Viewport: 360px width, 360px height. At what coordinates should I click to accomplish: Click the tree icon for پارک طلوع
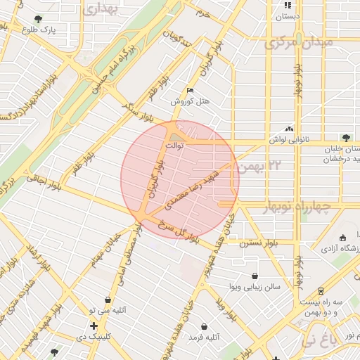tap(38, 19)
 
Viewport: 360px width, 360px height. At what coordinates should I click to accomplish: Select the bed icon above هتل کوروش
tap(190, 91)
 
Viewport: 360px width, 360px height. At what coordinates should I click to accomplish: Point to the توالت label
tap(174, 146)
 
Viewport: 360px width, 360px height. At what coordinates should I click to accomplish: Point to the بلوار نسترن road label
tap(258, 243)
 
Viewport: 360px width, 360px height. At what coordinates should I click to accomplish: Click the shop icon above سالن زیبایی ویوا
tap(254, 276)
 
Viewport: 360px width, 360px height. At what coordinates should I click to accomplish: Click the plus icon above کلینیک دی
tap(94, 326)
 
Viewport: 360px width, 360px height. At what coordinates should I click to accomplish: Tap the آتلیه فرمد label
tap(204, 337)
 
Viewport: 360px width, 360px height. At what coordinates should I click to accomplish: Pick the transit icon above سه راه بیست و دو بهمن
tap(321, 290)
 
